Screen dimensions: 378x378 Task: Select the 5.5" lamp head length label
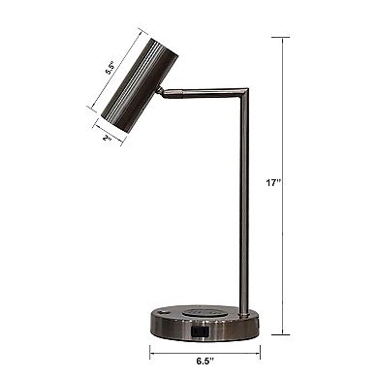(111, 68)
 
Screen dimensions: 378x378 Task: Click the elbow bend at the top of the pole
(243, 89)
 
